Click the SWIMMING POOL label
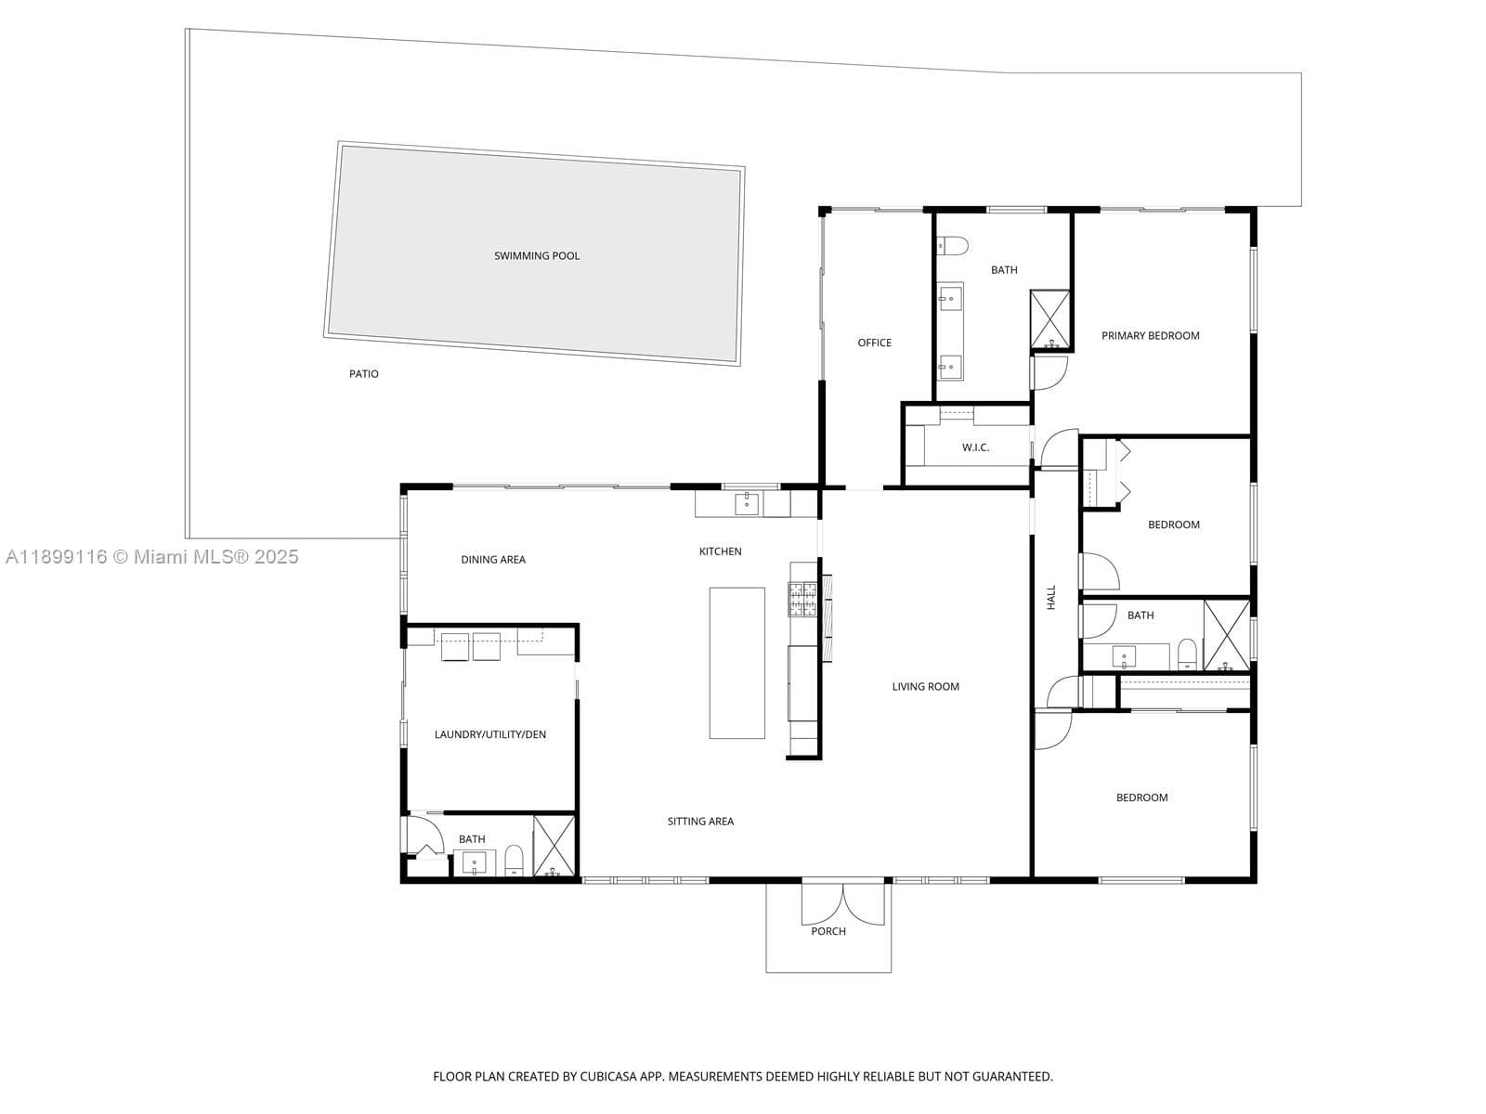tap(536, 255)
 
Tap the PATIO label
tap(363, 374)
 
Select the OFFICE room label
tap(874, 343)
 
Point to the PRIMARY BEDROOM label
tap(1150, 335)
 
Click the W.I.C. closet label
tap(975, 447)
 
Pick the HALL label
tap(1050, 597)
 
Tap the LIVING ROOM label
tap(925, 687)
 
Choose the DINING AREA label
tap(493, 560)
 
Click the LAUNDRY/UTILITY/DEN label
tap(490, 734)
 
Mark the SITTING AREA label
tap(700, 822)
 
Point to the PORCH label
tap(828, 931)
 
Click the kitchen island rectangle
tap(737, 663)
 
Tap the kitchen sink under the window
tap(747, 504)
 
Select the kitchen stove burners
tap(803, 600)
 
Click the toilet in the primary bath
tap(952, 245)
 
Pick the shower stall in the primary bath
tap(1050, 319)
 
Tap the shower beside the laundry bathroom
tap(554, 846)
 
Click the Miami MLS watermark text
tap(152, 557)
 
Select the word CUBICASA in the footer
tap(608, 1077)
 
